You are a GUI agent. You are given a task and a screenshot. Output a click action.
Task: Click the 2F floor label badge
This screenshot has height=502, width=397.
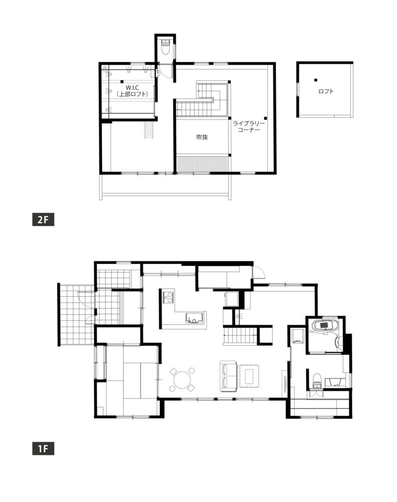43,220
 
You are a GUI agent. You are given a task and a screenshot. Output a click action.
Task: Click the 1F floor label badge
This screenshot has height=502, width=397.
43,448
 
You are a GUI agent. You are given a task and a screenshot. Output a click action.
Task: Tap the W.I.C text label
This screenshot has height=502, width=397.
132,88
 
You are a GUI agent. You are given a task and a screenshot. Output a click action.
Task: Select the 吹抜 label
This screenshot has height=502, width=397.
202,137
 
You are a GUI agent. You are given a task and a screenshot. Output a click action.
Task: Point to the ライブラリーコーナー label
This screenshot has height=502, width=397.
249,127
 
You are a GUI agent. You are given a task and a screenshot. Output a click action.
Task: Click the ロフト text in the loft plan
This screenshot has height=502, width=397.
326,91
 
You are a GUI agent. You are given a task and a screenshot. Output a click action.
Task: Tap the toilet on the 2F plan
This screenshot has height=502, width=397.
165,47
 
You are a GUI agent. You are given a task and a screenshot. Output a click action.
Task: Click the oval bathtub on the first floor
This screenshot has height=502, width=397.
325,326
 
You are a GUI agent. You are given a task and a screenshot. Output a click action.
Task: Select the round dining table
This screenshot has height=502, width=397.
182,380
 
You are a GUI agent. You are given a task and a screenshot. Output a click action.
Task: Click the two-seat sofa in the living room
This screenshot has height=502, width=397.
228,376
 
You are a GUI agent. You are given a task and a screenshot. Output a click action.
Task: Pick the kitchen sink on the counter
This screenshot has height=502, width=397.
194,318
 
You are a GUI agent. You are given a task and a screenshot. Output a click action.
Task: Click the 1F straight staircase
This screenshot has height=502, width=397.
240,335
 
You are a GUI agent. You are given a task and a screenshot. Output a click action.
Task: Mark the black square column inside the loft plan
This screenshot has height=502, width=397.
316,80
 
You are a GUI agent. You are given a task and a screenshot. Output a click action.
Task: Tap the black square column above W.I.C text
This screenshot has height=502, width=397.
122,82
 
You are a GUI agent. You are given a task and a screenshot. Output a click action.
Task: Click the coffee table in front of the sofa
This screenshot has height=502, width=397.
249,376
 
